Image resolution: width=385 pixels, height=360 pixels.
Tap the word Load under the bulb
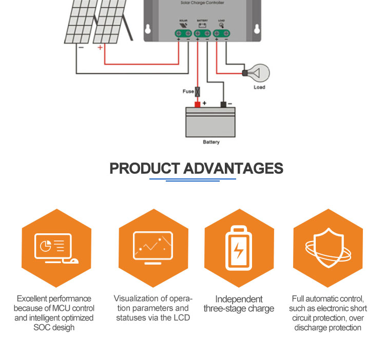pyautogui.click(x=260, y=87)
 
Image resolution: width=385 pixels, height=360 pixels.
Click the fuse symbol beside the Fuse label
pyautogui.click(x=197, y=92)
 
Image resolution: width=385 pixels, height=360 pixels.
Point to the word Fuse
pyautogui.click(x=188, y=92)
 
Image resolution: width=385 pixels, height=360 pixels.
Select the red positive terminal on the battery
pyautogui.click(x=197, y=105)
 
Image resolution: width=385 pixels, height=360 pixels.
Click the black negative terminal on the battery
pyautogui.click(x=223, y=105)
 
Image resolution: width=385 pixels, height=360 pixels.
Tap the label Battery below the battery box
pyautogui.click(x=210, y=142)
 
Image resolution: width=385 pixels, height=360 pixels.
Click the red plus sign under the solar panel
pyautogui.click(x=100, y=47)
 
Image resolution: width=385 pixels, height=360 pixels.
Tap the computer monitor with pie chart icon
pyautogui.click(x=56, y=248)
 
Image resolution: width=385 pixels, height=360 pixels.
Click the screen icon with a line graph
pyautogui.click(x=152, y=248)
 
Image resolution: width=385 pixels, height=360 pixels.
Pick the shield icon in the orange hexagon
pyautogui.click(x=328, y=248)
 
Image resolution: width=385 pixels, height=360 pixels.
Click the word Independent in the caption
pyautogui.click(x=239, y=299)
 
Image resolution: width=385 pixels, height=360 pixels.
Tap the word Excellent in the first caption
pyautogui.click(x=32, y=298)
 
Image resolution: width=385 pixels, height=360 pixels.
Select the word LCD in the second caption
pyautogui.click(x=182, y=318)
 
